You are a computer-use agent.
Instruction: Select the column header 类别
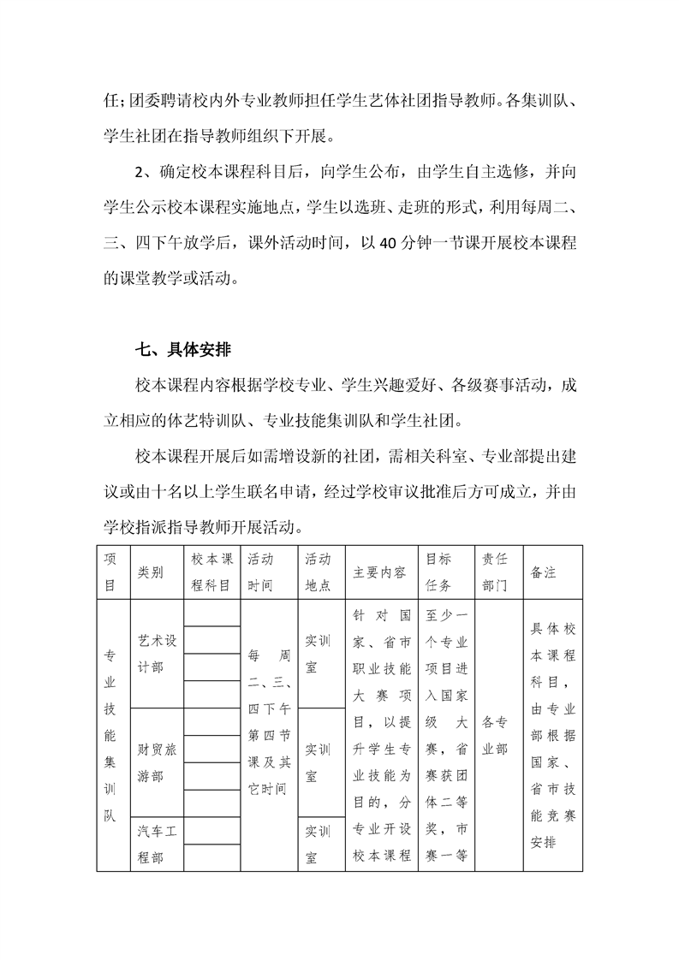[150, 572]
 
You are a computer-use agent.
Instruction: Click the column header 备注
[544, 572]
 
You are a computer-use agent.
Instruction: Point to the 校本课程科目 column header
[211, 572]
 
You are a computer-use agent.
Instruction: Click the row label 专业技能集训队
[110, 736]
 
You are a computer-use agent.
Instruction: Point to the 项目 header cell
[110, 572]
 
